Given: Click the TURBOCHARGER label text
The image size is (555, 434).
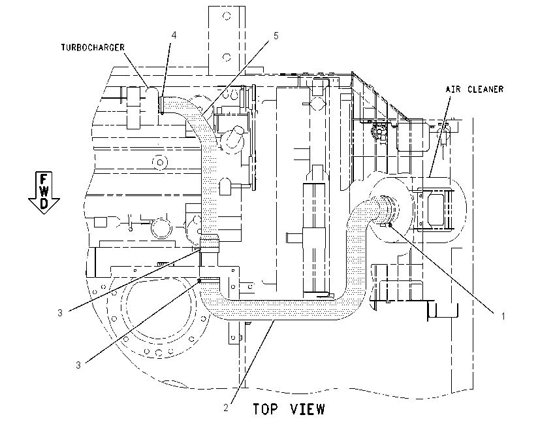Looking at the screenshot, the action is coord(93,48).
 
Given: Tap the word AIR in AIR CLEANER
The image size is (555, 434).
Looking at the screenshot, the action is coord(453,89).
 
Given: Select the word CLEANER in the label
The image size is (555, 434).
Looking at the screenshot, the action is coord(485,89).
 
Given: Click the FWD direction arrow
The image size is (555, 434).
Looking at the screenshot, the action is coord(44,193).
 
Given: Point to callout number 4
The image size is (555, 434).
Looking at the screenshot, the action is coord(174,35).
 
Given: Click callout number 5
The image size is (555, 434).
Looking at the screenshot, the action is coord(276,35).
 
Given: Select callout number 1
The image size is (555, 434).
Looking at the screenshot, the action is coord(503,316).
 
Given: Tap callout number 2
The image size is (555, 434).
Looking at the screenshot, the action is coord(226,408).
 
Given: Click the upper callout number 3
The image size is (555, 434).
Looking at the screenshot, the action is coord(60,312).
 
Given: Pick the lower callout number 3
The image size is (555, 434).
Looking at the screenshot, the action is coord(78,365).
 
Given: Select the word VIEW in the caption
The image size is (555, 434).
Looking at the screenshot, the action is coord(308,409).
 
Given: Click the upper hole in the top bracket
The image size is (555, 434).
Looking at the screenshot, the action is coord(227,16).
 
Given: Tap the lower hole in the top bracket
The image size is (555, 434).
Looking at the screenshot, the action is coord(227,57).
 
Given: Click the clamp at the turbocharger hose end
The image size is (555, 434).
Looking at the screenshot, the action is coord(162,105).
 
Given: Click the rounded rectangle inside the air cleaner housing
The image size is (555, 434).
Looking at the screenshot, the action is coord(437,209).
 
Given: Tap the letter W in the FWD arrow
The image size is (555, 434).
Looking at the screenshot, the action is coord(44,192).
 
